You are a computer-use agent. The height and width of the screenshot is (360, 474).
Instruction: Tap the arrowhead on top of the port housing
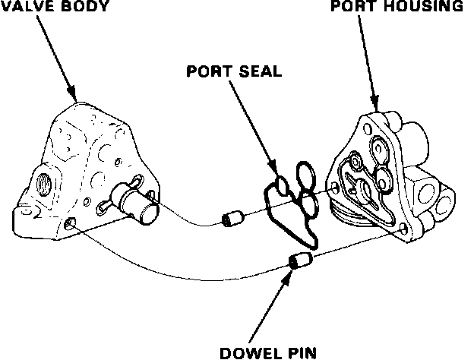373,103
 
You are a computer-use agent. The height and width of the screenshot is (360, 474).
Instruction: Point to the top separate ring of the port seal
305,172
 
